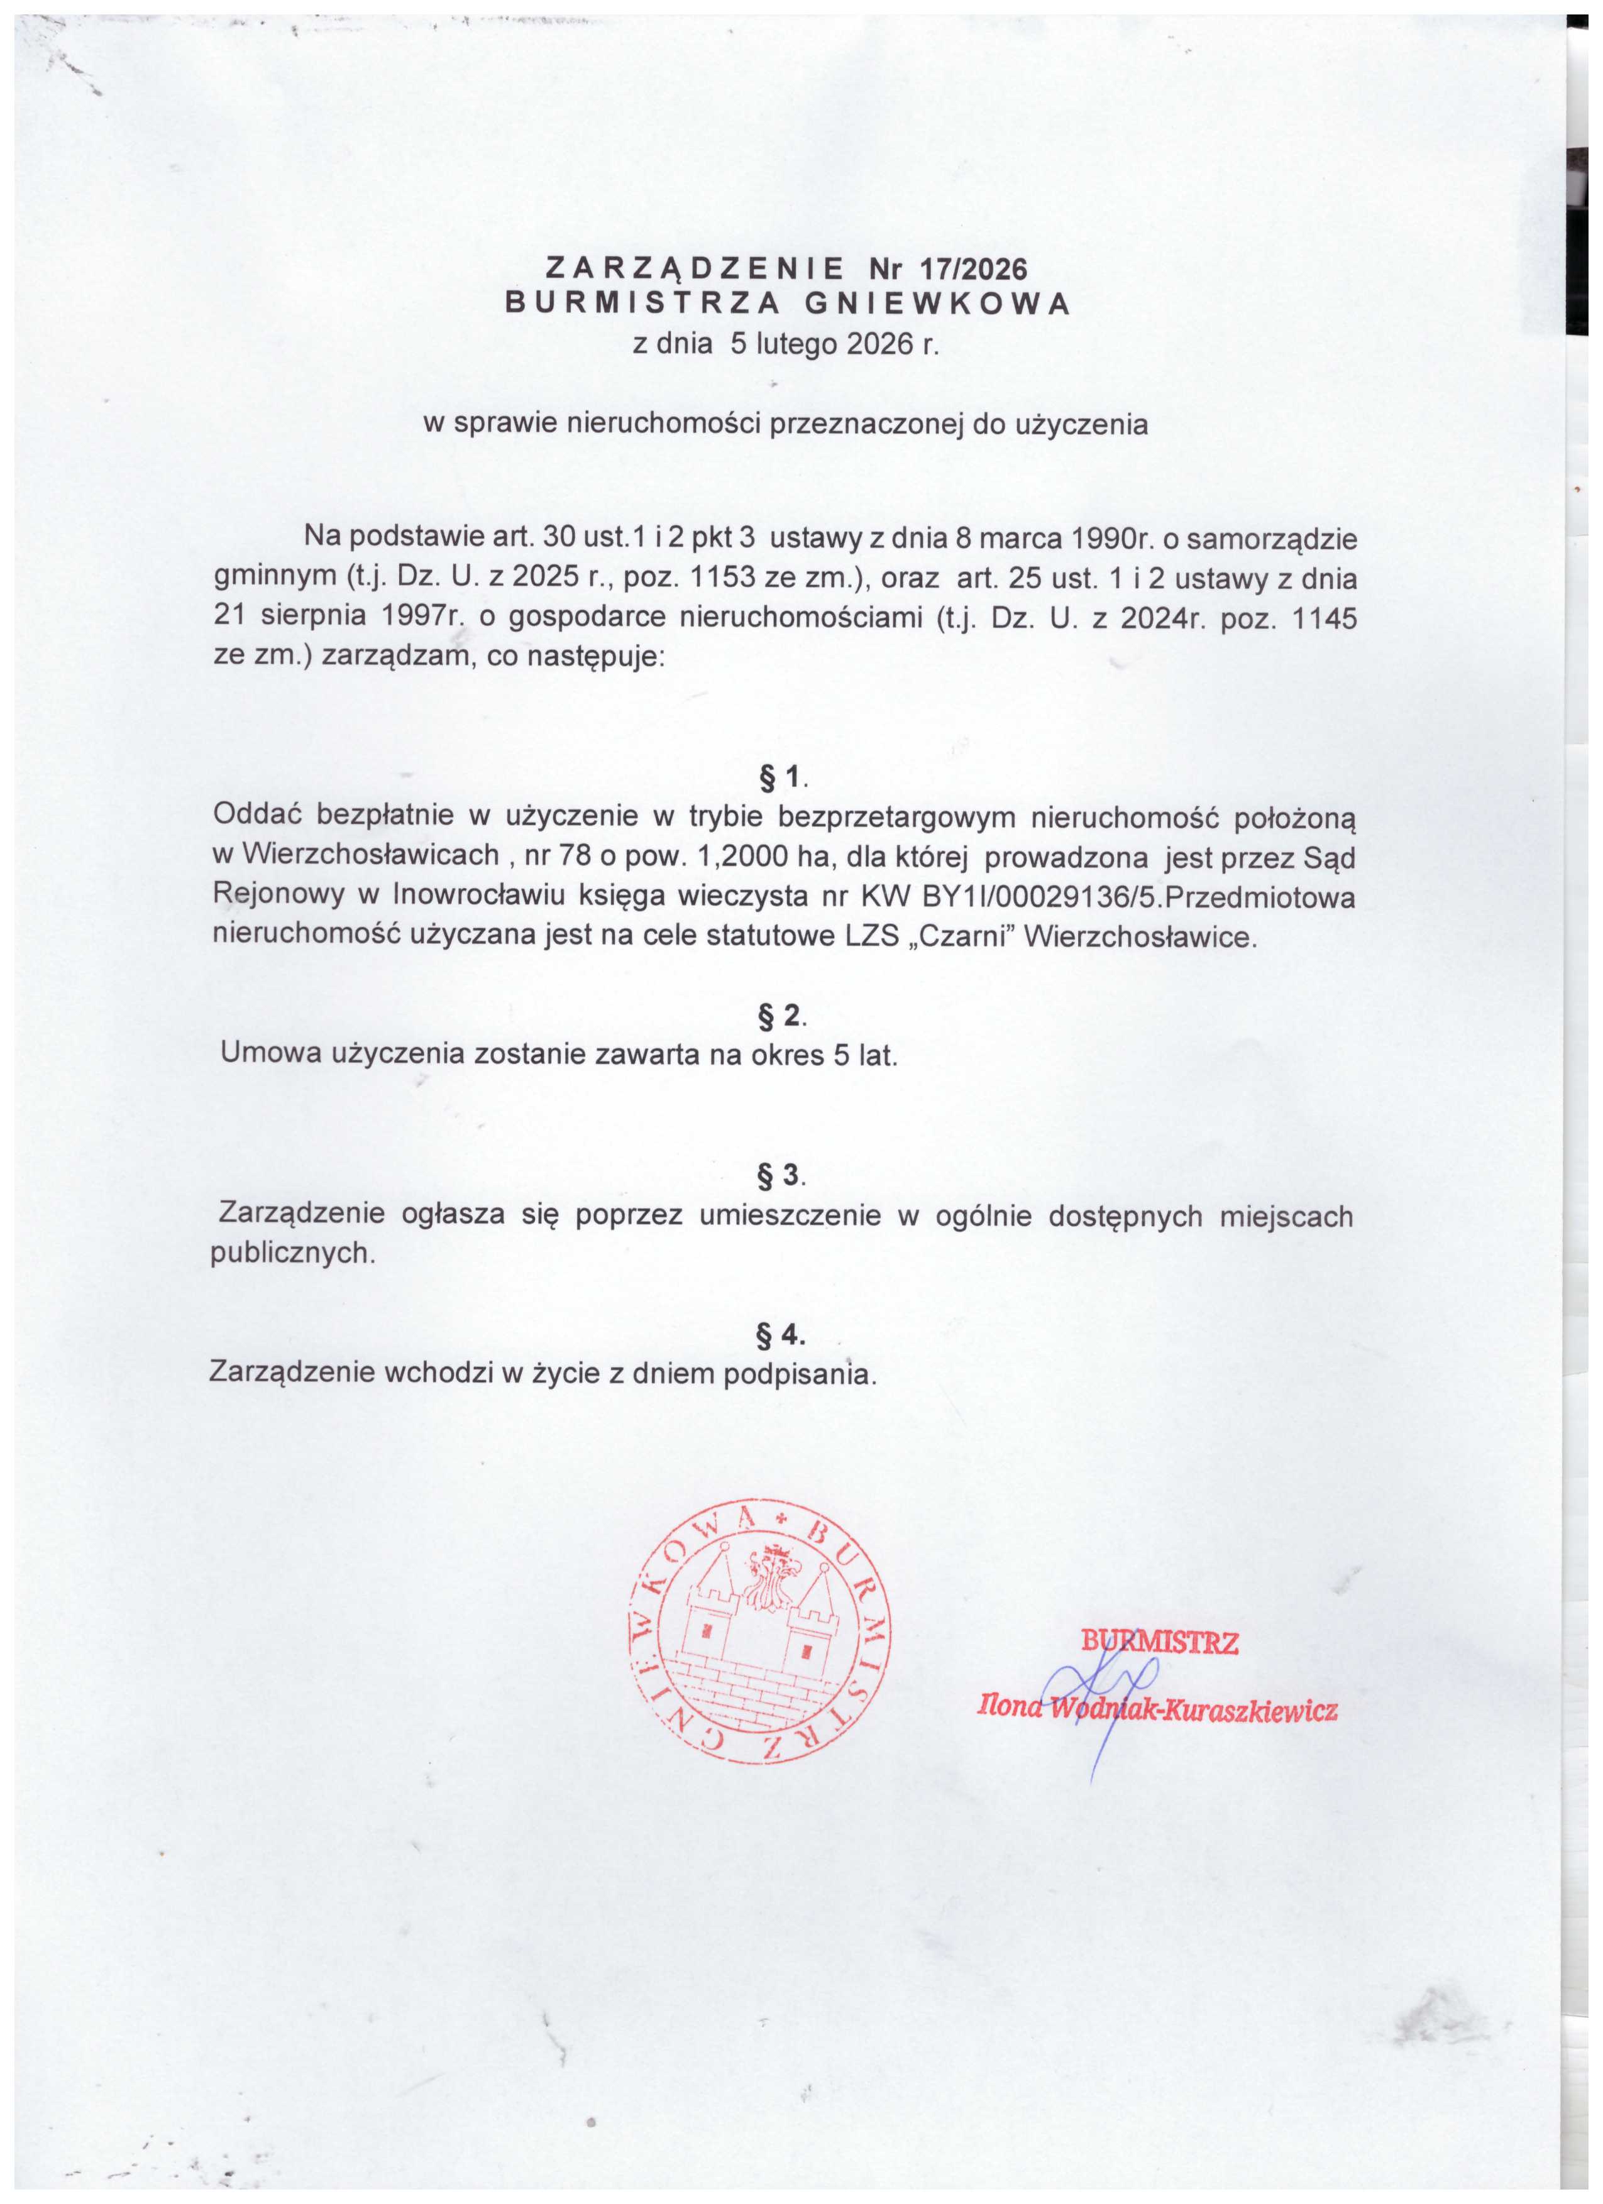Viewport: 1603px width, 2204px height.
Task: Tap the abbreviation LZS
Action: point(877,937)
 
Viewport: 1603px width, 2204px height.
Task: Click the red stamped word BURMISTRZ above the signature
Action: point(1160,1642)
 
